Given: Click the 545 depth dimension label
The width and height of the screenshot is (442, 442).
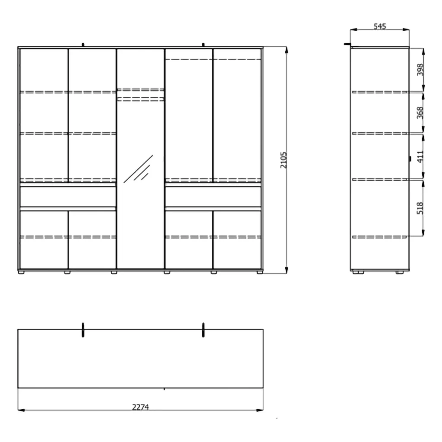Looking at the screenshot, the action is point(379,26).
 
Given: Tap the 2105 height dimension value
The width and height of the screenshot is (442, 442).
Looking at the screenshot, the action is point(283,160).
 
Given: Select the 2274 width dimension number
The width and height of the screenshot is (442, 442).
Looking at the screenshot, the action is point(140,407).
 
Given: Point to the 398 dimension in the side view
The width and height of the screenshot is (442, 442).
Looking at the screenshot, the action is point(420,69).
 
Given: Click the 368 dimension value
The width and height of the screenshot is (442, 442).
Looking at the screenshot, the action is point(420,113).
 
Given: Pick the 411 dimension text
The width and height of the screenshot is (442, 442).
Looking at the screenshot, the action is point(420,157).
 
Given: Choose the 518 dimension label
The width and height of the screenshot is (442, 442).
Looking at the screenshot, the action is point(420,208).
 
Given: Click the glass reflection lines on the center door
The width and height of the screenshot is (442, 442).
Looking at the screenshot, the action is point(138,169).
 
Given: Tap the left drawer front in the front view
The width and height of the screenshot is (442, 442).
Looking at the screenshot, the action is point(68,196).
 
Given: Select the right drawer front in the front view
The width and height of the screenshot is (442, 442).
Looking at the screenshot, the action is point(213,196).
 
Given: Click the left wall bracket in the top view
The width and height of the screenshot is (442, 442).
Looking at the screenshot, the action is point(83,330).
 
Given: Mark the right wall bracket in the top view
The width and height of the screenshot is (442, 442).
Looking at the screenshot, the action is point(203,330).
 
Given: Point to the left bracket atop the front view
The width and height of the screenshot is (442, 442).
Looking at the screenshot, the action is point(83,44).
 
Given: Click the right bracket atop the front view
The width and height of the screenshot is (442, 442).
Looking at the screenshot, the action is point(203,44).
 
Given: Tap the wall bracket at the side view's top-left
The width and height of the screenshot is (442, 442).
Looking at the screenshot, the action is point(347,44).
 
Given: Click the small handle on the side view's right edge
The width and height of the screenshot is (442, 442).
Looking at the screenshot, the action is point(410,159).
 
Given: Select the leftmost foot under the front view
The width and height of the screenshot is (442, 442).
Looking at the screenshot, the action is point(21,273).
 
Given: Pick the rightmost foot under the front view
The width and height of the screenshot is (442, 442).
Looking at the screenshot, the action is point(259,273).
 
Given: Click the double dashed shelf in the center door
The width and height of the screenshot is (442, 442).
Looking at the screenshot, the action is point(140,95).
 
